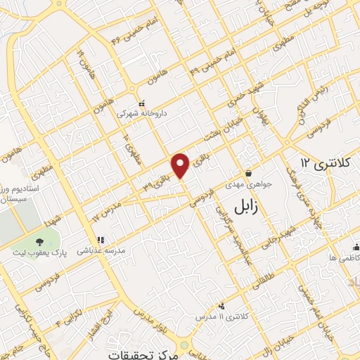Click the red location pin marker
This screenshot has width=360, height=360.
point(181,165)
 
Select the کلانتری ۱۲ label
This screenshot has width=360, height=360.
point(323,163)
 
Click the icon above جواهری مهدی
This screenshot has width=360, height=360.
point(248,174)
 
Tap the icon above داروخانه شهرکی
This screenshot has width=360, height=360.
point(141,103)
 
